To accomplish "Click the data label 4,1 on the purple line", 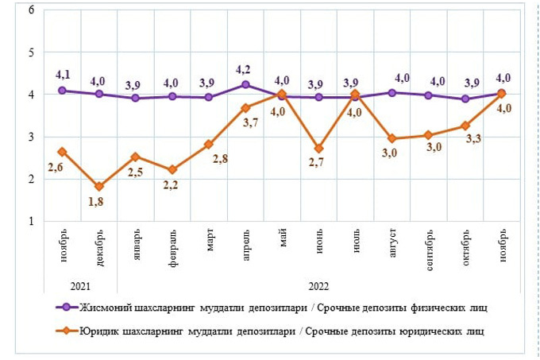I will click(x=64, y=75).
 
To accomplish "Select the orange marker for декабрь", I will click(x=99, y=187).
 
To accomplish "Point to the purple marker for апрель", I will click(x=245, y=84).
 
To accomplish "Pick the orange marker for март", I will click(x=209, y=145).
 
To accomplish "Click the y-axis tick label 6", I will click(x=31, y=10).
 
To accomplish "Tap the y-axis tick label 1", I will click(x=31, y=221).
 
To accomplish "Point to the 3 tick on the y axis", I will click(x=31, y=137).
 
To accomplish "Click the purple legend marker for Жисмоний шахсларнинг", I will click(x=65, y=307).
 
